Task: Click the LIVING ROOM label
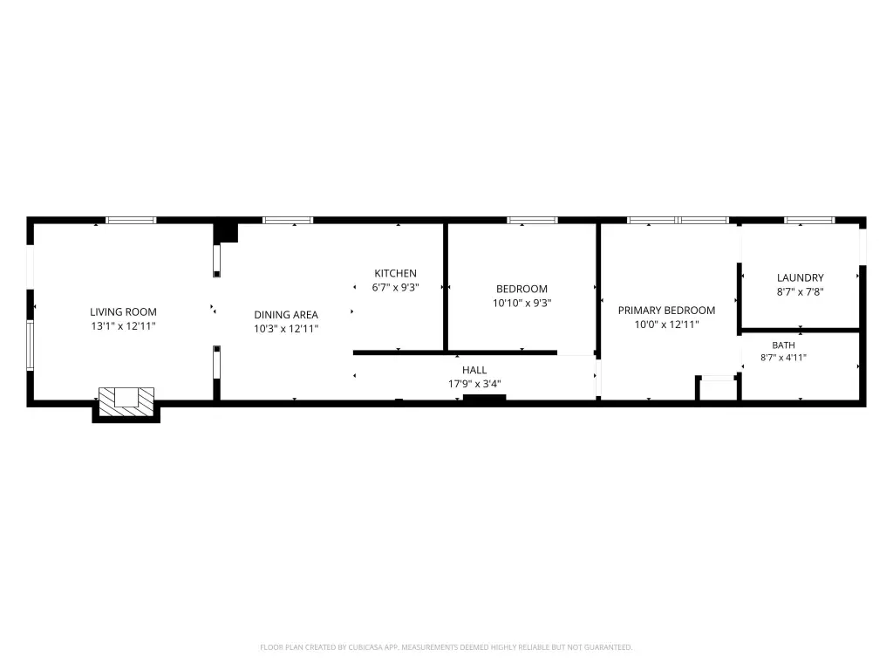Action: [123, 311]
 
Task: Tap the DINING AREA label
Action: [286, 314]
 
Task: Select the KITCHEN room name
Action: [395, 273]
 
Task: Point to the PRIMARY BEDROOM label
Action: [666, 311]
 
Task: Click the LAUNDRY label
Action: [801, 277]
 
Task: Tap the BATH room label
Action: [783, 345]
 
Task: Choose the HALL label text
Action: [474, 370]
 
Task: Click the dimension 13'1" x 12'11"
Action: [123, 326]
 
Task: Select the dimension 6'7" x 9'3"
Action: [395, 287]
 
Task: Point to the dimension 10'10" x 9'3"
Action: [521, 303]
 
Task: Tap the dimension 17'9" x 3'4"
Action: [474, 384]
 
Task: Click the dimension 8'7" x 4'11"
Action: [783, 358]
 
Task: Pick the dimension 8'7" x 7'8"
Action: [801, 291]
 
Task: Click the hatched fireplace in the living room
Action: [126, 401]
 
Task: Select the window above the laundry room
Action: [809, 220]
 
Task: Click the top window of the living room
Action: [131, 220]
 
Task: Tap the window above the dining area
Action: [288, 220]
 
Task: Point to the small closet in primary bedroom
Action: [718, 389]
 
